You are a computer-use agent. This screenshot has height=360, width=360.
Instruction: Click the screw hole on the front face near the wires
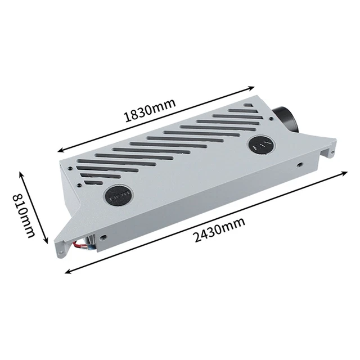[103, 237]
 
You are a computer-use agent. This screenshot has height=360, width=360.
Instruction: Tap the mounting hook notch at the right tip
[332, 151]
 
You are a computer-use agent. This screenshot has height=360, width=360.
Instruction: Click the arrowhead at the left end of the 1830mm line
[60, 151]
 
